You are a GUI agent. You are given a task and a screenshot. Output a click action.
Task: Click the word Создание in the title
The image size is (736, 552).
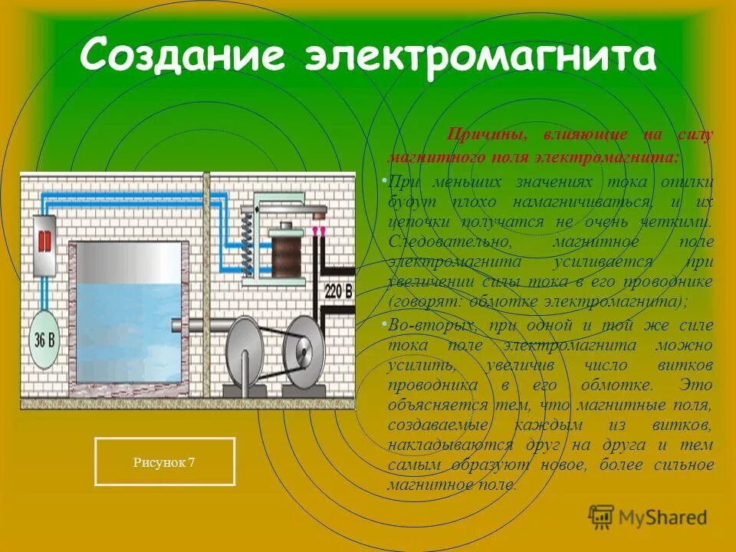click(x=185, y=58)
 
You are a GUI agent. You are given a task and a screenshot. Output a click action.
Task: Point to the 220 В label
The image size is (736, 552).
click(x=337, y=291)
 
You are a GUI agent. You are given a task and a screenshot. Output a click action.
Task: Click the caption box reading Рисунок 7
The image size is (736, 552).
click(x=164, y=462)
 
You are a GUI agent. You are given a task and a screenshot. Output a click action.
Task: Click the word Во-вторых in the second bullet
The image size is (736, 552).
click(x=424, y=325)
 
